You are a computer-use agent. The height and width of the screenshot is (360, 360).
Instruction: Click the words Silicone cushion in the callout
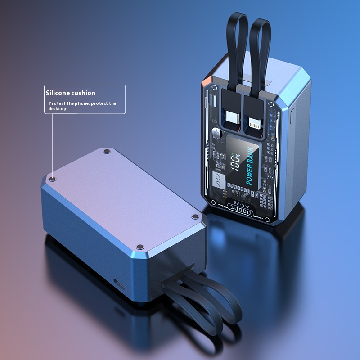pyautogui.click(x=70, y=93)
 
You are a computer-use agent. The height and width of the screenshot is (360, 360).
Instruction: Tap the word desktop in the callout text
pyautogui.click(x=58, y=109)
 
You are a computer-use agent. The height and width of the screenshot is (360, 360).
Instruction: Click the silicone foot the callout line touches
pyautogui.click(x=53, y=179)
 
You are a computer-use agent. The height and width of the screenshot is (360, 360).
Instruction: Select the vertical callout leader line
pyautogui.click(x=53, y=144)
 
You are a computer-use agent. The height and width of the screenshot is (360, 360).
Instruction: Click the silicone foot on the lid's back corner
pyautogui.click(x=106, y=152)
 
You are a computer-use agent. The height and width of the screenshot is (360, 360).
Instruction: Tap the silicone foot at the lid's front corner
pyautogui.click(x=140, y=247)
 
